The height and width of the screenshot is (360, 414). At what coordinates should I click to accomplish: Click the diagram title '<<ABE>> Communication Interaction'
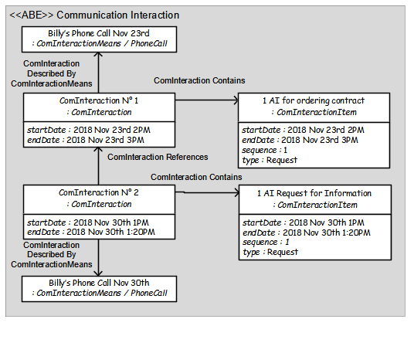94,15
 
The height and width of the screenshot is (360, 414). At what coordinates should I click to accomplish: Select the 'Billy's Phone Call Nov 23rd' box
99,39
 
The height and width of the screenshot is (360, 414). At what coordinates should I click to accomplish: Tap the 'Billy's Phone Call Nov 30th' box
99,289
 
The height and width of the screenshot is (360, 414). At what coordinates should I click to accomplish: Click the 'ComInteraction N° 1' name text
99,100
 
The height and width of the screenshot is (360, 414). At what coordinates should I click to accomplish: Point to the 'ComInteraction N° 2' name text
99,192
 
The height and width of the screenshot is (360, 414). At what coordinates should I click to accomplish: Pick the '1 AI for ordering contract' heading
314,100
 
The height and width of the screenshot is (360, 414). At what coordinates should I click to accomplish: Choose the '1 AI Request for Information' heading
314,193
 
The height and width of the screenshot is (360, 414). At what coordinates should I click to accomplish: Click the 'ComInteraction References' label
158,157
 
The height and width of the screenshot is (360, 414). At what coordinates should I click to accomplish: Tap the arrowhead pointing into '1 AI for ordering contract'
236,100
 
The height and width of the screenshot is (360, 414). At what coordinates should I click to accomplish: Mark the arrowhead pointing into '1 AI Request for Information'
236,193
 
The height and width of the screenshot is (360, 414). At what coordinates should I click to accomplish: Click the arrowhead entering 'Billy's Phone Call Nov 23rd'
99,54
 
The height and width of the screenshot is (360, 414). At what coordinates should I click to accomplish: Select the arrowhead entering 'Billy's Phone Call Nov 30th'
99,273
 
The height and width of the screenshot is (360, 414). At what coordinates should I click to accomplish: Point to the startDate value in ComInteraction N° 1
112,130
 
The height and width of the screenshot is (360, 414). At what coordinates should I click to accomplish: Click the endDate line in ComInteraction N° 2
91,233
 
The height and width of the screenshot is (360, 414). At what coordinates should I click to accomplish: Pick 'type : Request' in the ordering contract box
270,161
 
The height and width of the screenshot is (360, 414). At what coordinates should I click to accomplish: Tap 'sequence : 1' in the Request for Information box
266,243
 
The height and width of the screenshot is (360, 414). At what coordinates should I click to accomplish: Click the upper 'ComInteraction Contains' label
199,80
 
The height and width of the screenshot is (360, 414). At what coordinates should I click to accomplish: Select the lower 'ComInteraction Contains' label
196,177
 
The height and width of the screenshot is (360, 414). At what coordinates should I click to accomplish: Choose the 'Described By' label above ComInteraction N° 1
52,73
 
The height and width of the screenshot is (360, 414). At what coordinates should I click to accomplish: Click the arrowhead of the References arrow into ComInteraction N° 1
99,150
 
